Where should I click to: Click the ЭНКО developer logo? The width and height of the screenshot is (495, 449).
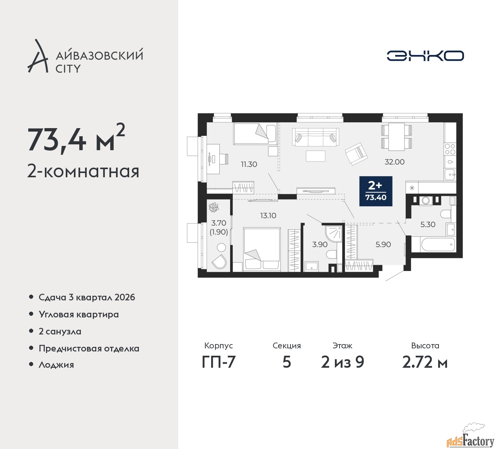(x=425, y=56)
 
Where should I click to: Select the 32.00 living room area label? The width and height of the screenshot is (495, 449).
(x=394, y=162)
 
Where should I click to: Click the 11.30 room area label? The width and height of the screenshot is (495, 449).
(x=249, y=164)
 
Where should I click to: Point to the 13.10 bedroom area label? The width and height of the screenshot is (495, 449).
(x=268, y=216)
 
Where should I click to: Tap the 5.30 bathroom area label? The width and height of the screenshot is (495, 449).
(x=428, y=224)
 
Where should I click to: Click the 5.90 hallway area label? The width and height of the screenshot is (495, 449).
(x=383, y=245)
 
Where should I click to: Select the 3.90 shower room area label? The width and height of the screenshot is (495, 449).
(x=319, y=245)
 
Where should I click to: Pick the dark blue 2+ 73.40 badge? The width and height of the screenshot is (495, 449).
(x=376, y=191)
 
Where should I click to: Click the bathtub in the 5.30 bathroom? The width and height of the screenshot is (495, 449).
(x=438, y=245)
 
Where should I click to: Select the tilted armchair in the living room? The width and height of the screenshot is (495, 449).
(x=356, y=154)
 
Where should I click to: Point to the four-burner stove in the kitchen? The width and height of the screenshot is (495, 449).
(x=450, y=149)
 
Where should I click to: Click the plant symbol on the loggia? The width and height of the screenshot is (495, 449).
(x=214, y=207)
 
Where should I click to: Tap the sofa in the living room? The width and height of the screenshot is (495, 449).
(x=315, y=137)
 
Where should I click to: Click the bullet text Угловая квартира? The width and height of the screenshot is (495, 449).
(x=79, y=314)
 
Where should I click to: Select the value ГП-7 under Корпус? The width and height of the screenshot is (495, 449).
(x=218, y=363)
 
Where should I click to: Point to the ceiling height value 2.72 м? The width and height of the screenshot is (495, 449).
(x=425, y=363)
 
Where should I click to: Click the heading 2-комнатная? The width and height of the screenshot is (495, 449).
(x=83, y=171)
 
